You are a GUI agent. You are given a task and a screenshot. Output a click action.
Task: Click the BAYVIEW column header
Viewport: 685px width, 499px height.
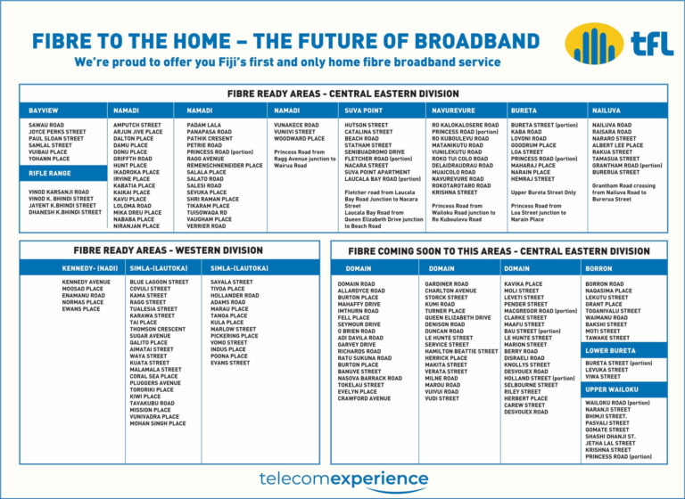point(43,110)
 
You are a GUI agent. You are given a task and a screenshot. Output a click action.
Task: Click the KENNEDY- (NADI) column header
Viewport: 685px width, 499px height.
point(89,267)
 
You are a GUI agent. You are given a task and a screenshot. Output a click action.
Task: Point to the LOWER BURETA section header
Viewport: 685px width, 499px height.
point(610,350)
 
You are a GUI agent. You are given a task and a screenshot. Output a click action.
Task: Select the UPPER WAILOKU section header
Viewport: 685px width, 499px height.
point(612,389)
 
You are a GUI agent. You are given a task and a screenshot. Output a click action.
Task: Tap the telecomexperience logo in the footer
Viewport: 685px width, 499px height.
point(342,479)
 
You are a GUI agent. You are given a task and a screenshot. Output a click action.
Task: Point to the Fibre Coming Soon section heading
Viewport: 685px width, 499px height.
point(499,251)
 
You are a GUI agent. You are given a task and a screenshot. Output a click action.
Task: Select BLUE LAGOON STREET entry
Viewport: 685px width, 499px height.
point(159,282)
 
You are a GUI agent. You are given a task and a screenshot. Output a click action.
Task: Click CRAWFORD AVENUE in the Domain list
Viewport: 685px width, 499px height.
point(364,398)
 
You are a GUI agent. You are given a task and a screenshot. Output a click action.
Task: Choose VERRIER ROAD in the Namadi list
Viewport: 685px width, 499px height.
point(206,226)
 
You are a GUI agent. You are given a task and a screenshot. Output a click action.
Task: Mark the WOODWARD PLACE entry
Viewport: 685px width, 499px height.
point(299,139)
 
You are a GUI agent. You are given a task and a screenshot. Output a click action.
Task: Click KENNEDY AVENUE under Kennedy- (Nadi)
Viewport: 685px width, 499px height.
point(87,282)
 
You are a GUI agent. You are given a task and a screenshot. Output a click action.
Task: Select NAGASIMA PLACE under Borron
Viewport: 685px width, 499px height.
point(608,290)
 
